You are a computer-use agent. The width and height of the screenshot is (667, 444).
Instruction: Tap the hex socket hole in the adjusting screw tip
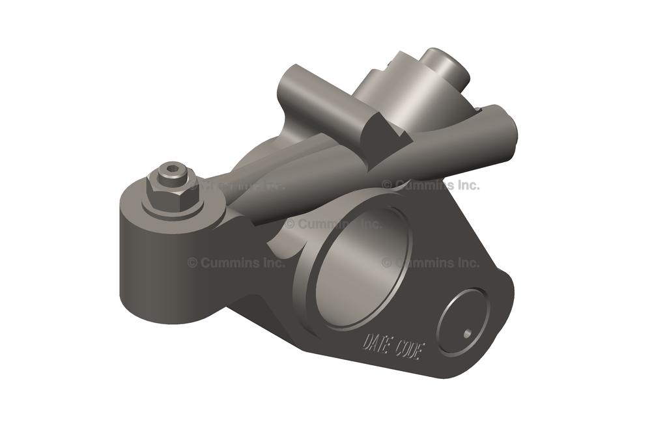pyautogui.click(x=171, y=169)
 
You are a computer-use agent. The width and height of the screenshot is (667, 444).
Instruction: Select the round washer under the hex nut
pyautogui.click(x=173, y=203)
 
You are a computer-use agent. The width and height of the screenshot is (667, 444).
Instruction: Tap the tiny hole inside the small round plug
pyautogui.click(x=466, y=333)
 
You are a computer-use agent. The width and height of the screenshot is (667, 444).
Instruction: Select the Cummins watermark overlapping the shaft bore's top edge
pyautogui.click(x=333, y=223)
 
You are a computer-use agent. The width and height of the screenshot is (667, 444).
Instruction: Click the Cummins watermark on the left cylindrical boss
pyautogui.click(x=236, y=262)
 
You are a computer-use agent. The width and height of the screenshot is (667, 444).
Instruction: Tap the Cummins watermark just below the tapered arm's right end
pyautogui.click(x=431, y=185)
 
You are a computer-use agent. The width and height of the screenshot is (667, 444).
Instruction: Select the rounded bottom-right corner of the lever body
pyautogui.click(x=485, y=365)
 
